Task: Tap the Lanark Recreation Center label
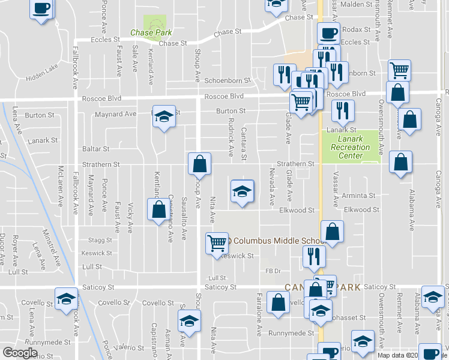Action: [x=351, y=148]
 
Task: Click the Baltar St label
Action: [x=96, y=148]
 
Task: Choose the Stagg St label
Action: [x=100, y=239]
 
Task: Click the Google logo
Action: [x=20, y=353]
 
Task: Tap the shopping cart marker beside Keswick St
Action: [x=217, y=243]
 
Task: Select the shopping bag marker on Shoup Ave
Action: [x=199, y=163]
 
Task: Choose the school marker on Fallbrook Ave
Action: [x=67, y=298]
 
